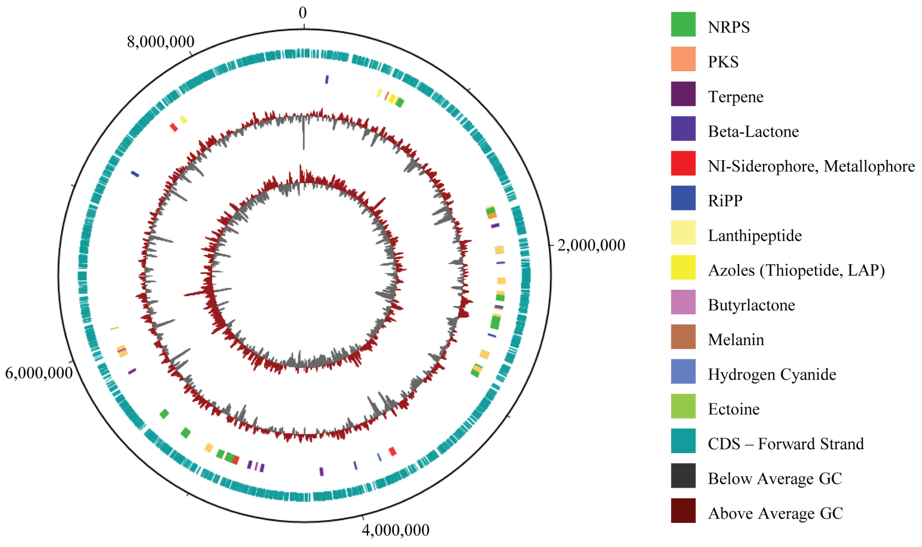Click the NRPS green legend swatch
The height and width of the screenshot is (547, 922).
coord(683,24)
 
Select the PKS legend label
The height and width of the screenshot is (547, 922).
coord(723,62)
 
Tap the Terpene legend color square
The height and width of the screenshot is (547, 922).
coord(683,94)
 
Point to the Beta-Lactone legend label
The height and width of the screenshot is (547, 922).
coord(753,132)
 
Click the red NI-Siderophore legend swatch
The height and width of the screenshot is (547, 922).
coord(683,163)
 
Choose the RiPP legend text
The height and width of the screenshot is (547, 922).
coord(725,201)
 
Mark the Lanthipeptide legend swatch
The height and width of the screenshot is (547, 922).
coord(683,233)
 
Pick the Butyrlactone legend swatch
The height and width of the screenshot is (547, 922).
coord(683,302)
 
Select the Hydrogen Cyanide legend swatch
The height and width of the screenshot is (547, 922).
coord(683,371)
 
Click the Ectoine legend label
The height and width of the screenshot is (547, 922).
coord(733,409)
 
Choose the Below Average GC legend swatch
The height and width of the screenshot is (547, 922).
coord(683,475)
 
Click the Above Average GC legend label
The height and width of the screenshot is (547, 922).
coord(775,514)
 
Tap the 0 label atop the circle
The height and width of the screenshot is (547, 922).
coord(303,13)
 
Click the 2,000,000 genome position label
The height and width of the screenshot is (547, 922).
coord(591,245)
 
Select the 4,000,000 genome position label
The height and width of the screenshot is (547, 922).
coord(395,530)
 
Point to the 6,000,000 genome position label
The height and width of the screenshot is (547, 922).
coord(39,373)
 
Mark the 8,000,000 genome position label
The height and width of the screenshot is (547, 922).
coord(161,42)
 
